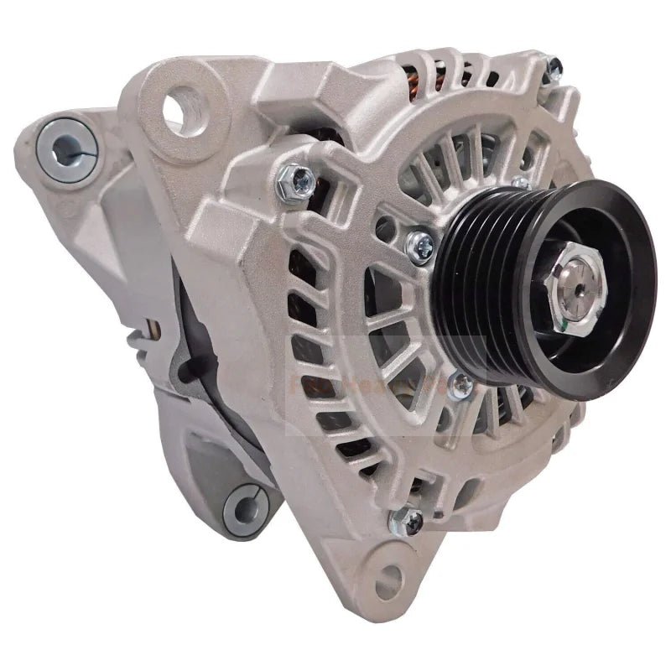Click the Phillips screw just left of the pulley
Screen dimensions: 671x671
(x=419, y=244)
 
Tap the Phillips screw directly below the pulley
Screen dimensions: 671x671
(x=460, y=385)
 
